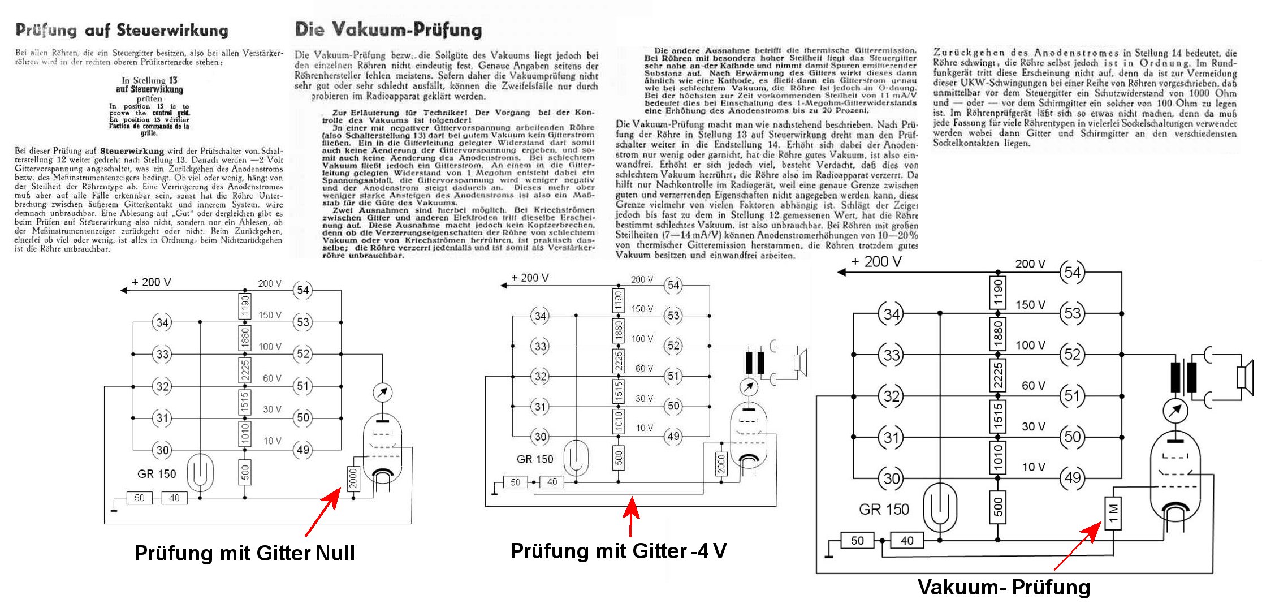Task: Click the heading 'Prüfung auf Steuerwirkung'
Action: click(x=122, y=30)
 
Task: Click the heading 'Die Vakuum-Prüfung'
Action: click(x=388, y=29)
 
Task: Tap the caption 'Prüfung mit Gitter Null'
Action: click(x=244, y=553)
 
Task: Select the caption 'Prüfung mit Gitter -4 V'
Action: click(x=618, y=550)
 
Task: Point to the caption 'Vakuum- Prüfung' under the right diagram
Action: click(x=1004, y=587)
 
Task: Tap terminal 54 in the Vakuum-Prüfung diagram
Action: click(x=1072, y=272)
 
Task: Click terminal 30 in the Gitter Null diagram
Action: click(x=162, y=450)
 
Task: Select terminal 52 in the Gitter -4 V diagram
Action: click(x=673, y=346)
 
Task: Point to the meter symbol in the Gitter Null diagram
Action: click(x=383, y=392)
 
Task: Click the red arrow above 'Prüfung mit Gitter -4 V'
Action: click(x=632, y=516)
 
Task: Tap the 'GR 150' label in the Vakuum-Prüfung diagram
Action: click(x=884, y=510)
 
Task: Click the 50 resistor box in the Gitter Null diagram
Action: click(x=139, y=498)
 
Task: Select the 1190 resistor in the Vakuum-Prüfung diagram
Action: click(x=998, y=292)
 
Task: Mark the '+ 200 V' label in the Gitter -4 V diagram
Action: click(x=529, y=278)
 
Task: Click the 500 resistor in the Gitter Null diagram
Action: click(x=245, y=471)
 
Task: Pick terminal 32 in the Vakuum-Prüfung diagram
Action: click(x=891, y=396)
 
